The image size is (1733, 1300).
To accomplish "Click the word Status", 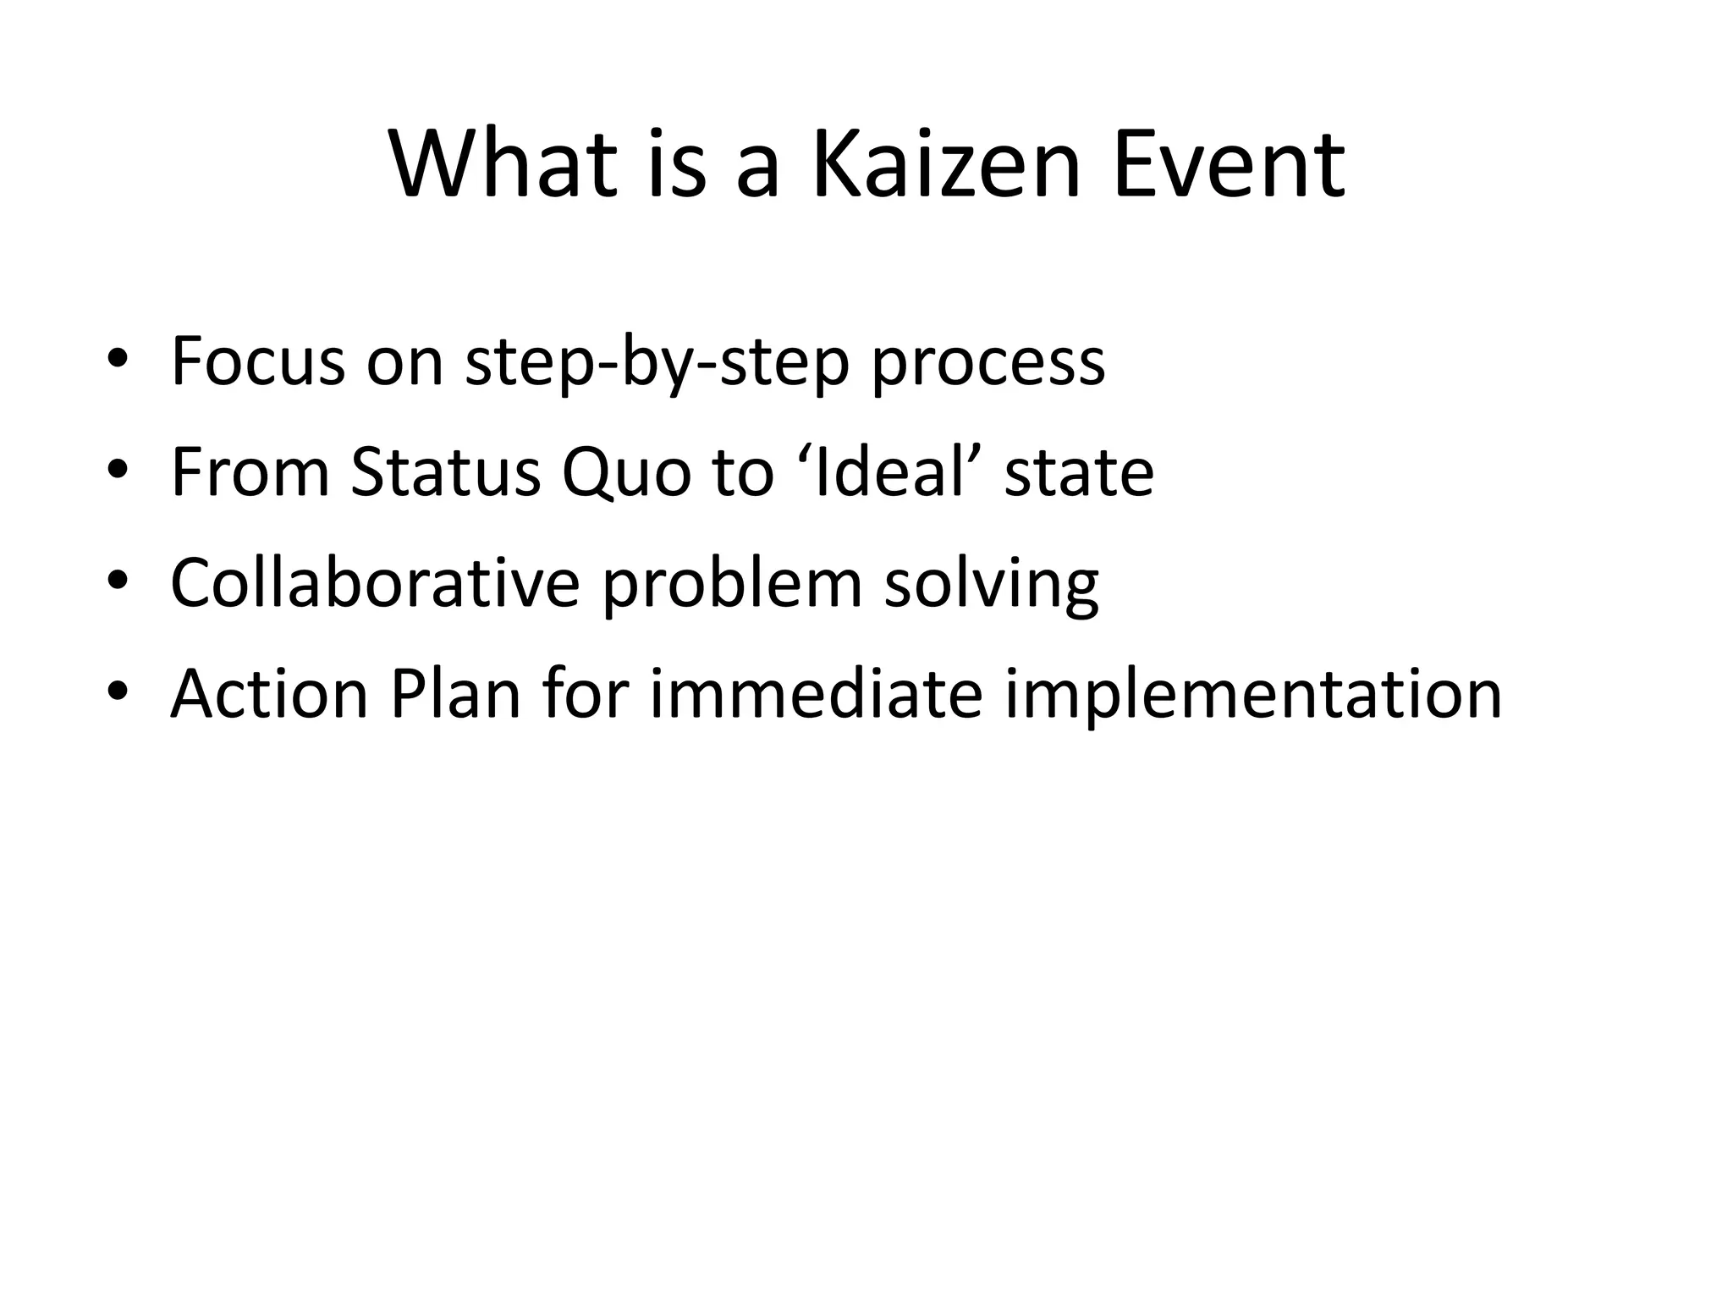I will pos(446,471).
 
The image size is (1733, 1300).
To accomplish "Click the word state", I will pos(1079,473).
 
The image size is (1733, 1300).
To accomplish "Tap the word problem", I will pos(732,584).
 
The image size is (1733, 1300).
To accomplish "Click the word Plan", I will pos(454,693).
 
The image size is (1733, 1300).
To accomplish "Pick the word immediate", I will pos(816,693).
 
